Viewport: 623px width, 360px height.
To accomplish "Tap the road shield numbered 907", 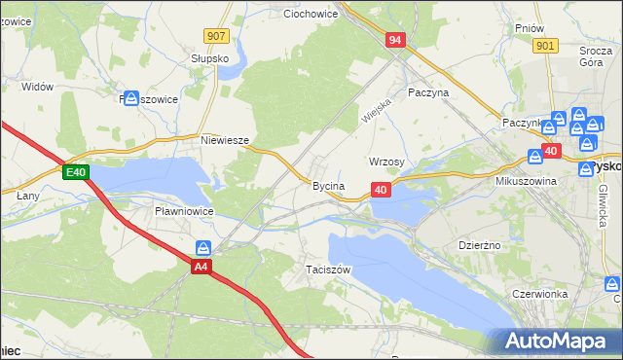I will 216,36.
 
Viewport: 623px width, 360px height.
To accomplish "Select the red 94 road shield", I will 395,40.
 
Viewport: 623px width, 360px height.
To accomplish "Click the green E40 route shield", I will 76,173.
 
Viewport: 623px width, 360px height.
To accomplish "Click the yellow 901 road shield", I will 545,46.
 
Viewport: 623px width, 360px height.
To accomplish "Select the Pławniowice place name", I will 183,210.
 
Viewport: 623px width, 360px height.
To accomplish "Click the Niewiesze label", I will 225,140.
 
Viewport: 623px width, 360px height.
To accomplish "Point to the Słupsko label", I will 209,58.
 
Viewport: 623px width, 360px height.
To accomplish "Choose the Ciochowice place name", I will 310,15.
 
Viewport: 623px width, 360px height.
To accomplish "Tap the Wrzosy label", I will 386,162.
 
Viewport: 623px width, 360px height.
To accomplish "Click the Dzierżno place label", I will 479,245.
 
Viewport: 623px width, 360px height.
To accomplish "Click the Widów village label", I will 37,87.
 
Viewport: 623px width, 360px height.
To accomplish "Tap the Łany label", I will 26,196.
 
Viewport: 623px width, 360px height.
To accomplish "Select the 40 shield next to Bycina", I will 382,190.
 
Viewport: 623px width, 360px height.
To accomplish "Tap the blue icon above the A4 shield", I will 203,248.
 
